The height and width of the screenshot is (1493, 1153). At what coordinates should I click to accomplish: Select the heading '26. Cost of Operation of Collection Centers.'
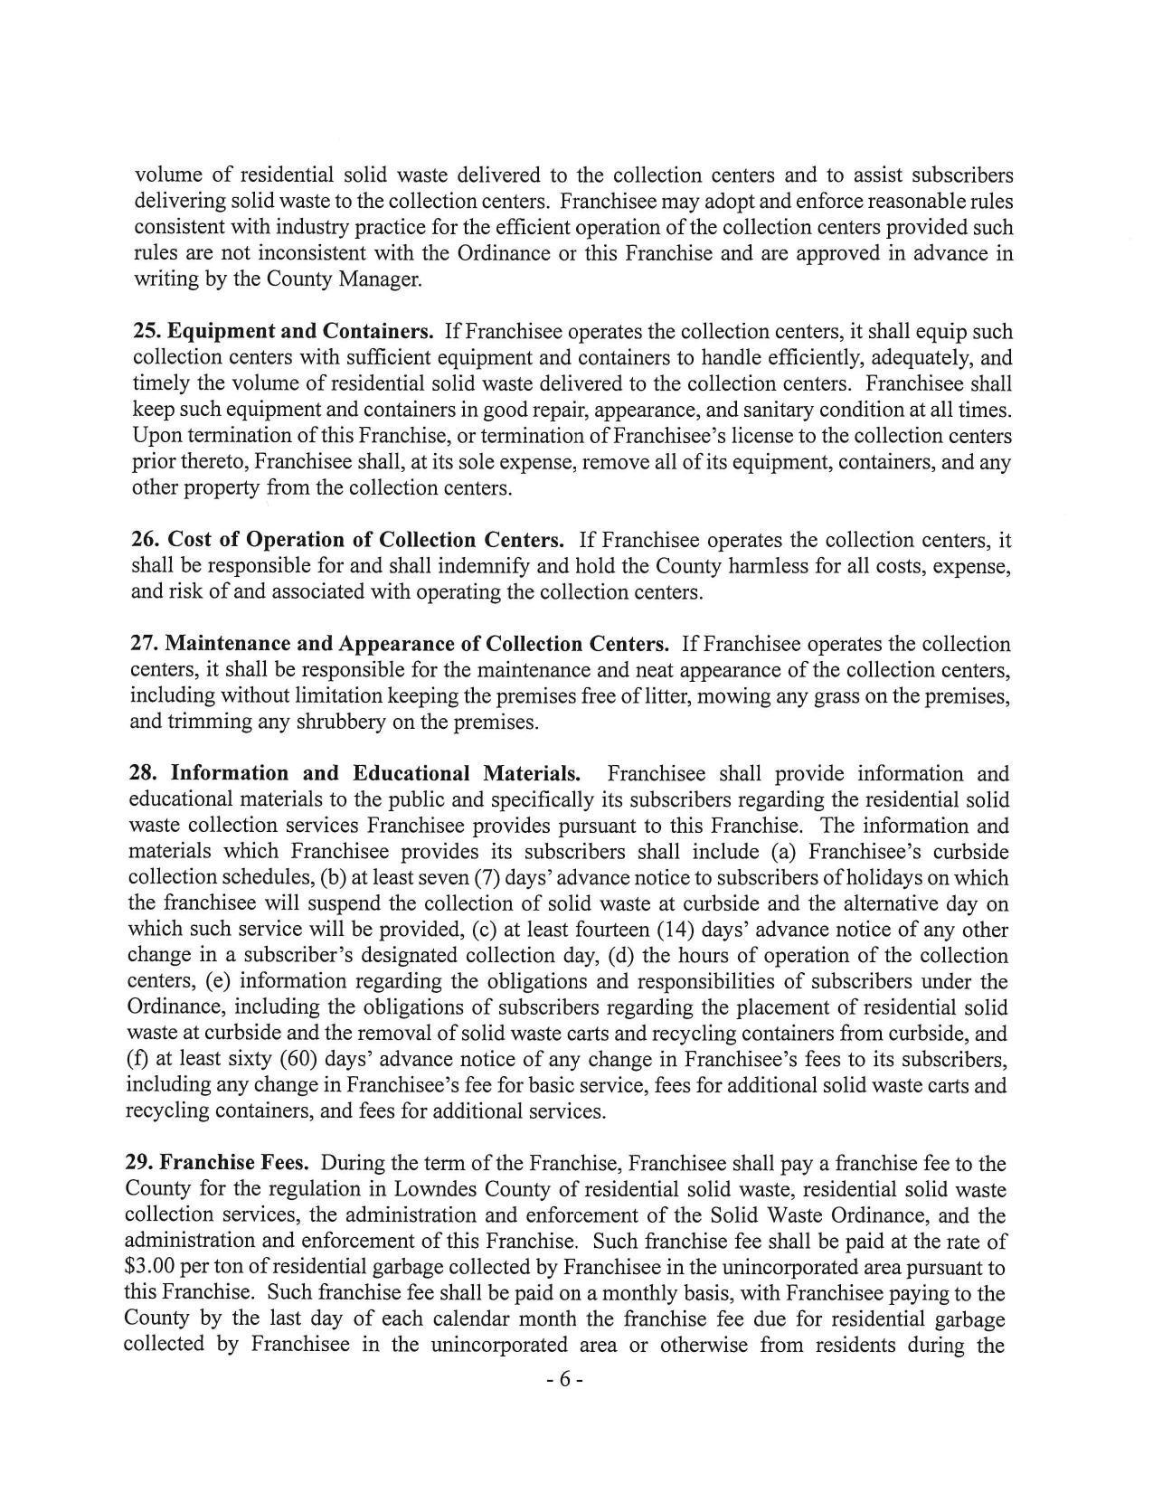point(348,540)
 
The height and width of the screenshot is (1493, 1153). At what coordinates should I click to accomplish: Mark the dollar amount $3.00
point(151,1268)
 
